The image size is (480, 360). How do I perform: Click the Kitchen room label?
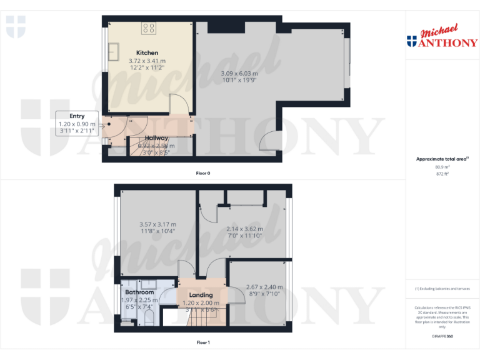click(147, 52)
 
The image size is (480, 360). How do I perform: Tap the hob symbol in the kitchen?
click(149, 27)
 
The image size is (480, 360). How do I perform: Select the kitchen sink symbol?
click(116, 51)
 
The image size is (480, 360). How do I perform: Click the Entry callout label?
click(77, 116)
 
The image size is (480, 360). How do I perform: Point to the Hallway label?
click(156, 138)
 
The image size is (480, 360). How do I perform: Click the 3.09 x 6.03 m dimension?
click(239, 73)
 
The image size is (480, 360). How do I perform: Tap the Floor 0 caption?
click(203, 173)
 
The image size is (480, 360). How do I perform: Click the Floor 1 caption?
click(203, 342)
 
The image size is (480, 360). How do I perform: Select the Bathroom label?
click(139, 292)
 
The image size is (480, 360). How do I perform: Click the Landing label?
click(201, 295)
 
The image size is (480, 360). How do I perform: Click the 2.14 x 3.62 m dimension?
click(244, 229)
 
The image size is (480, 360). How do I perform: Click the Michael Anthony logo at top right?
click(442, 37)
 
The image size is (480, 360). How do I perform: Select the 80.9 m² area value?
click(442, 167)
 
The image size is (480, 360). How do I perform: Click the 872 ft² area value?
click(442, 174)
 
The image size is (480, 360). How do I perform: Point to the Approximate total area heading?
click(442, 159)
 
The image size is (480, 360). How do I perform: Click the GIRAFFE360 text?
click(442, 336)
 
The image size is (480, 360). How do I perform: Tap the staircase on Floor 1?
click(200, 318)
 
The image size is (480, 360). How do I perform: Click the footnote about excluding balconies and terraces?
click(442, 289)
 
